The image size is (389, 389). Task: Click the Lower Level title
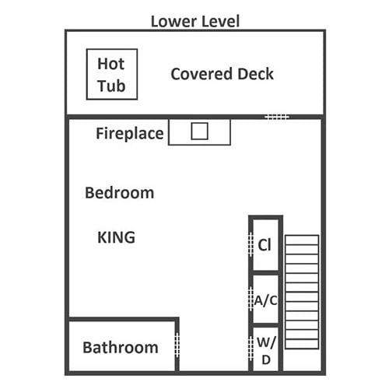pyautogui.click(x=195, y=21)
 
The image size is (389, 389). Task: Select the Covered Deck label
pyautogui.click(x=222, y=74)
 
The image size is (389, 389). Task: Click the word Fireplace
pyautogui.click(x=130, y=134)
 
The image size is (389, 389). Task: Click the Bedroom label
pyautogui.click(x=120, y=193)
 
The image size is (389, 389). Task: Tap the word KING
pyautogui.click(x=116, y=237)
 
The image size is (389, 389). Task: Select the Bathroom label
pyautogui.click(x=121, y=348)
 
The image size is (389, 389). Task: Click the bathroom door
pyautogui.click(x=177, y=344)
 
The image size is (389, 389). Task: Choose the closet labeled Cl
pyautogui.click(x=265, y=245)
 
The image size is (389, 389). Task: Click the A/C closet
pyautogui.click(x=265, y=300)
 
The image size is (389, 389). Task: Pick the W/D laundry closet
pyautogui.click(x=265, y=349)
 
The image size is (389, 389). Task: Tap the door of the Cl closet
pyautogui.click(x=251, y=244)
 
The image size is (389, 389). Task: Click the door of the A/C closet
pyautogui.click(x=251, y=299)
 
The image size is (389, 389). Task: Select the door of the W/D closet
pyautogui.click(x=251, y=348)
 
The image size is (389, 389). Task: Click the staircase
pyautogui.click(x=302, y=292)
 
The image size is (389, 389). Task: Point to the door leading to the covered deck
pyautogui.click(x=277, y=117)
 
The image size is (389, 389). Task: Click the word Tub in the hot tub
pyautogui.click(x=111, y=86)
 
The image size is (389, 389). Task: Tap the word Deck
pyautogui.click(x=255, y=74)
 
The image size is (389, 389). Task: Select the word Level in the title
pyautogui.click(x=220, y=21)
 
